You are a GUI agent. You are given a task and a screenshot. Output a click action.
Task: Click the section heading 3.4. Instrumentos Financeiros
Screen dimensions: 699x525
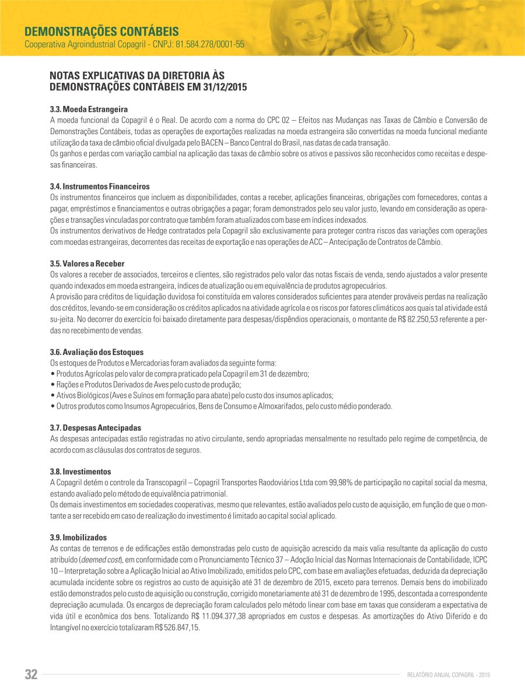(x=100, y=186)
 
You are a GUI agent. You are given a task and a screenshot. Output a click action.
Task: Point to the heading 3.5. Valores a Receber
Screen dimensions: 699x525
(x=87, y=264)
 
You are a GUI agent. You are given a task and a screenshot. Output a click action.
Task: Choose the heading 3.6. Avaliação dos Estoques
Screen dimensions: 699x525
(x=97, y=352)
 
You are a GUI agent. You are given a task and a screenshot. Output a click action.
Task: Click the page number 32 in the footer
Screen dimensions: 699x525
(x=31, y=675)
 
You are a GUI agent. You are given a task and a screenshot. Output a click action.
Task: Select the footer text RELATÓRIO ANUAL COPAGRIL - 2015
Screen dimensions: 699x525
(x=449, y=675)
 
